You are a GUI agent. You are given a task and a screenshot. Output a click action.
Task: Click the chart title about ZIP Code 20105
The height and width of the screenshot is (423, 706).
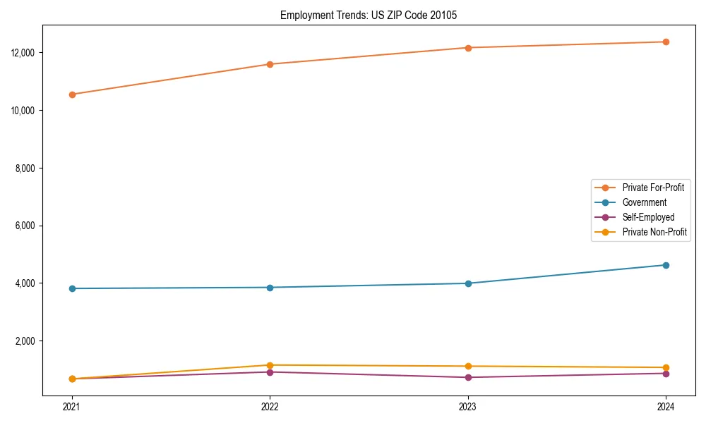pyautogui.click(x=369, y=15)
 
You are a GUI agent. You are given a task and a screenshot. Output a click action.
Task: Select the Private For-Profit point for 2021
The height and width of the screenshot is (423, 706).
pyautogui.click(x=71, y=94)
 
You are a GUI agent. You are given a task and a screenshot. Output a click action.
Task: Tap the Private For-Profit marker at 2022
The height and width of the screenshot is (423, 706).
pyautogui.click(x=270, y=64)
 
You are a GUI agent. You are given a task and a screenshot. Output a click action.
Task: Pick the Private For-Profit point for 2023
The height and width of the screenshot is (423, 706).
pyautogui.click(x=468, y=48)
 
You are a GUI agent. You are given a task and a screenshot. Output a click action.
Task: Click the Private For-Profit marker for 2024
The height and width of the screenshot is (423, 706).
pyautogui.click(x=666, y=42)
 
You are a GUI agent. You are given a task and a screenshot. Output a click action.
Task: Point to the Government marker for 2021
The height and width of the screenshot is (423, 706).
pyautogui.click(x=71, y=288)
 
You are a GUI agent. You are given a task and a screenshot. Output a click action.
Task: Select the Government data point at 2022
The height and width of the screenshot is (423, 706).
pyautogui.click(x=270, y=288)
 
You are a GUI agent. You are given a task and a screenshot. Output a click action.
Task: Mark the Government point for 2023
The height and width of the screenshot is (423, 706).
pyautogui.click(x=468, y=283)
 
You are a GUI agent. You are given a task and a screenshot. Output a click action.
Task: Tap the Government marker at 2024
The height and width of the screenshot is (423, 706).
pyautogui.click(x=666, y=265)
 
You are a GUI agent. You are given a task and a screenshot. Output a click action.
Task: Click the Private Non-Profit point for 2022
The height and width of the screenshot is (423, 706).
pyautogui.click(x=270, y=365)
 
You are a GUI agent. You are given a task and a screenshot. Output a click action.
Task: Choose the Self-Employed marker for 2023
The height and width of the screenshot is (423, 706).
pyautogui.click(x=468, y=377)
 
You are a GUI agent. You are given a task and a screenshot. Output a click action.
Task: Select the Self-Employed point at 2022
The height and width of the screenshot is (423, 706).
pyautogui.click(x=270, y=372)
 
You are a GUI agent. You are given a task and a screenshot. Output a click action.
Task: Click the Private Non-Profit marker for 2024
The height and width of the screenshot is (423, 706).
pyautogui.click(x=666, y=367)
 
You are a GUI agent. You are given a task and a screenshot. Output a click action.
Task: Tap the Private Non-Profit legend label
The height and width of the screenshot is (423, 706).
pyautogui.click(x=654, y=232)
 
